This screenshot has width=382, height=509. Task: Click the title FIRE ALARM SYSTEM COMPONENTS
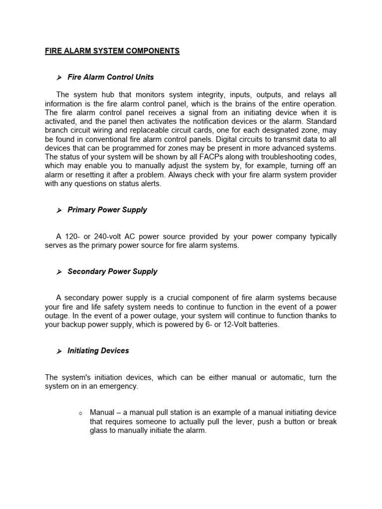pos(112,51)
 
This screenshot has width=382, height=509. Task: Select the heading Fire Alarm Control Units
pos(110,77)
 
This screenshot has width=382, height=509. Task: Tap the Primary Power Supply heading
pos(107,210)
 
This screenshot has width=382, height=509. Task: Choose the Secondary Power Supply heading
pos(112,271)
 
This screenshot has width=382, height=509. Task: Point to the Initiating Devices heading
pos(98,350)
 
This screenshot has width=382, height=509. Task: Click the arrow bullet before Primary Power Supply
pos(59,210)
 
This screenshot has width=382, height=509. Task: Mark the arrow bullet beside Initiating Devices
pos(59,351)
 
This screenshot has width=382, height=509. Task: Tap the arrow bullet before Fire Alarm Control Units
pos(59,78)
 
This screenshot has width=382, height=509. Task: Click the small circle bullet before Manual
pos(80,414)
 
